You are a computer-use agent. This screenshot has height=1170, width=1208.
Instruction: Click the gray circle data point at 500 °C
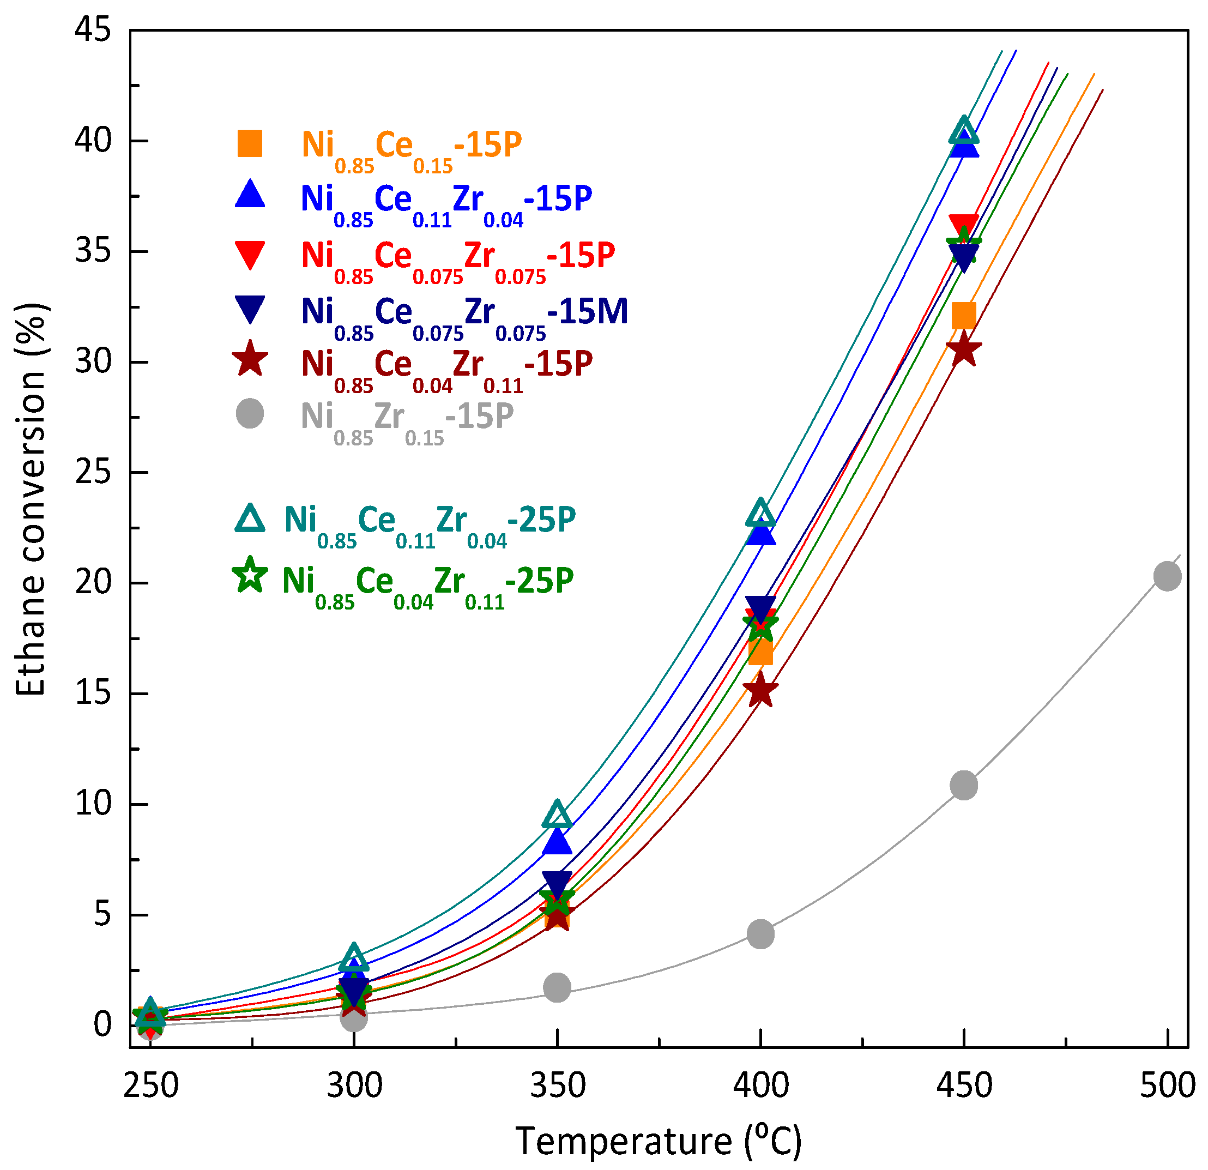(x=1167, y=576)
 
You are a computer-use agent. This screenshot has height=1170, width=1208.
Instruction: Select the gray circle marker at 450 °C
(x=963, y=785)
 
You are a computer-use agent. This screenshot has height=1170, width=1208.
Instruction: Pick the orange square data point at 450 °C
(x=963, y=316)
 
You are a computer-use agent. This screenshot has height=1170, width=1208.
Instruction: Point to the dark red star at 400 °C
(x=760, y=690)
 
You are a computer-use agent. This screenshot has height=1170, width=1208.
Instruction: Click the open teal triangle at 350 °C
(x=557, y=816)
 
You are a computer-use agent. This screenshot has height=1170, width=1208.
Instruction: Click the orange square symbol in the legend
(x=250, y=143)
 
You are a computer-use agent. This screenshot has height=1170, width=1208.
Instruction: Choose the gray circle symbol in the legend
(x=250, y=414)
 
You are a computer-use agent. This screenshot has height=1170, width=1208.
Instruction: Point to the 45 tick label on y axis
(x=93, y=29)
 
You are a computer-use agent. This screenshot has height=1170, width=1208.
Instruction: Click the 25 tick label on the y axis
(x=93, y=472)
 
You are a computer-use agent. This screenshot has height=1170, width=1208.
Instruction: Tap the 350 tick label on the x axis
(x=557, y=1085)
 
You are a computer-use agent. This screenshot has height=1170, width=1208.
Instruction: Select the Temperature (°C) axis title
(x=658, y=1141)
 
